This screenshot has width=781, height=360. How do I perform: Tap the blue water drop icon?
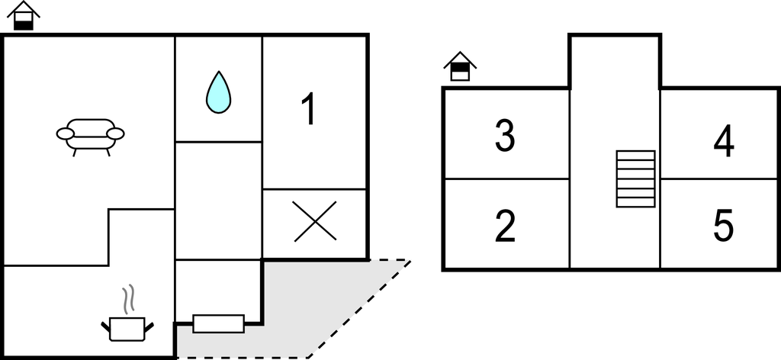pos(219,92)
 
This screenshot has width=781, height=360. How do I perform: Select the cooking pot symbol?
pos(127,329)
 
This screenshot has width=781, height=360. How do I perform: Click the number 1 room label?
pos(310,108)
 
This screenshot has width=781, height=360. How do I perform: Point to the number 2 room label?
pos(505,226)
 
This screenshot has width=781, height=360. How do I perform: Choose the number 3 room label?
pos(505,136)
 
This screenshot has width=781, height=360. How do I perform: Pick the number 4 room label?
pos(724,141)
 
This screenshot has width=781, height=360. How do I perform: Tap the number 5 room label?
pos(724,226)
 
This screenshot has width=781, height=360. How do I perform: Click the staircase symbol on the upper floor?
pos(635,178)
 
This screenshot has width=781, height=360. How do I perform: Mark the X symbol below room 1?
pos(315,222)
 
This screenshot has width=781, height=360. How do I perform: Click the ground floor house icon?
pos(24,16)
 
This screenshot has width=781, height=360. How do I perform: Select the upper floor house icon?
pos(460,66)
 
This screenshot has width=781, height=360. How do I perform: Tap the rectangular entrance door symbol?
pos(219,323)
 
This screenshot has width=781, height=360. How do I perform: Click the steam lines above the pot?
pos(128,300)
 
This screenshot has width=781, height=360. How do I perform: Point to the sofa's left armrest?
pos(66,133)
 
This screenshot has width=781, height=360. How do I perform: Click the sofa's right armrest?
pos(116,133)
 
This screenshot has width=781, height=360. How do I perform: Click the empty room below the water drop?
pos(219,201)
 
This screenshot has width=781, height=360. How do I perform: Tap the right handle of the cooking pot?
pos(149,326)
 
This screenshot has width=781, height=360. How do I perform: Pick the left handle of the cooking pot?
pos(105,326)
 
